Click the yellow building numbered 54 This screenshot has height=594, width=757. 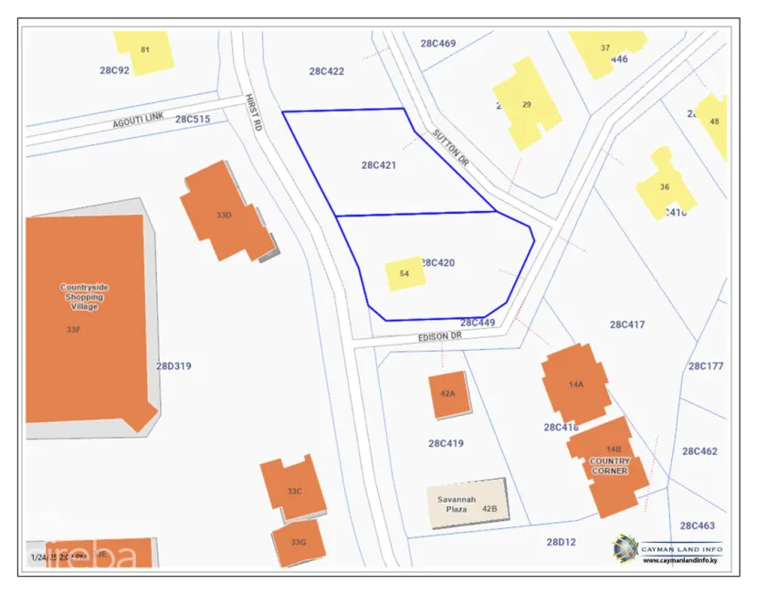coord(405,273)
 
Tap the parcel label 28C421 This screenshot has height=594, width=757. coord(378,165)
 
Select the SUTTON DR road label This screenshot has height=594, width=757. coord(451,147)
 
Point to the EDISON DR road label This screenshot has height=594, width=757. coord(440,336)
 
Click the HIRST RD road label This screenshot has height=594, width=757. coord(253,112)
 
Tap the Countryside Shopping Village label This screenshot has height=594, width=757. coord(84,296)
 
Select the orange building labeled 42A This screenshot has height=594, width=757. coord(448,395)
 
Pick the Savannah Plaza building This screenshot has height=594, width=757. coord(467,503)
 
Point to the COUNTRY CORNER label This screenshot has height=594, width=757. coord(609,466)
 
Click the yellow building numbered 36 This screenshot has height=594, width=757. coord(665,186)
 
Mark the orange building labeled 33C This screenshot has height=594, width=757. coord(293,489)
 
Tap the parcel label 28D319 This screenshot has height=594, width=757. coord(173,366)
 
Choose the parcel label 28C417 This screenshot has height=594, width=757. coord(627,324)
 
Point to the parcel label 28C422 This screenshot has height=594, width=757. coord(326,70)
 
